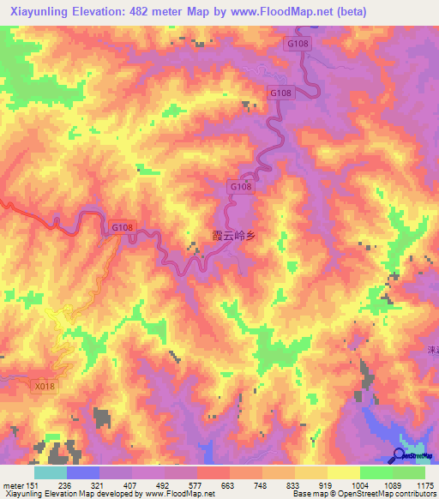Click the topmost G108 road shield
[x=298, y=43]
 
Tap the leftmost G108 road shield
[x=122, y=227]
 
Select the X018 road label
[x=45, y=386]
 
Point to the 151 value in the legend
[x=33, y=485]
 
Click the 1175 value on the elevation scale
[x=425, y=485]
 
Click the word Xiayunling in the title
[x=39, y=12]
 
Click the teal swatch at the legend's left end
[x=50, y=472]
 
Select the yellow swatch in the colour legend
[x=344, y=472]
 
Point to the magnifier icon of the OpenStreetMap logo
[x=400, y=454]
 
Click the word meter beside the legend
[x=13, y=485]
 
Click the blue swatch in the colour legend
[x=83, y=472]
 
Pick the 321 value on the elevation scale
[x=99, y=485]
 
